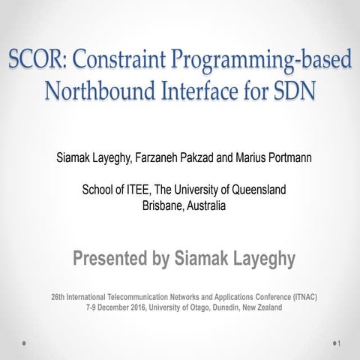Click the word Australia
pos(205,205)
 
